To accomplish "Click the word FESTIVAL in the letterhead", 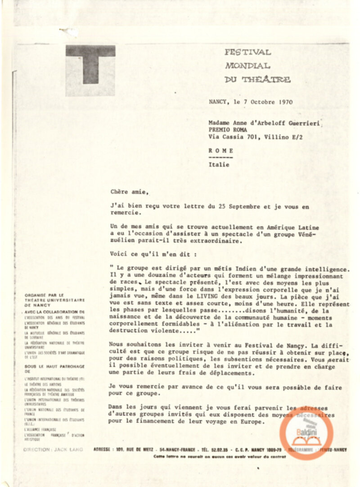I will pos(248,52).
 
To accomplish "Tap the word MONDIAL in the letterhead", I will pos(247,66).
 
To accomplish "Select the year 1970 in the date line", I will pos(285,102).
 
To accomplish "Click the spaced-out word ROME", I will pos(221,150).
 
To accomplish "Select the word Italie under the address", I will pos(219,164).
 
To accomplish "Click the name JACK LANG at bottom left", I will pos(67,449).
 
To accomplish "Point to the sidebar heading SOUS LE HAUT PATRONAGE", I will pos(54,367).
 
